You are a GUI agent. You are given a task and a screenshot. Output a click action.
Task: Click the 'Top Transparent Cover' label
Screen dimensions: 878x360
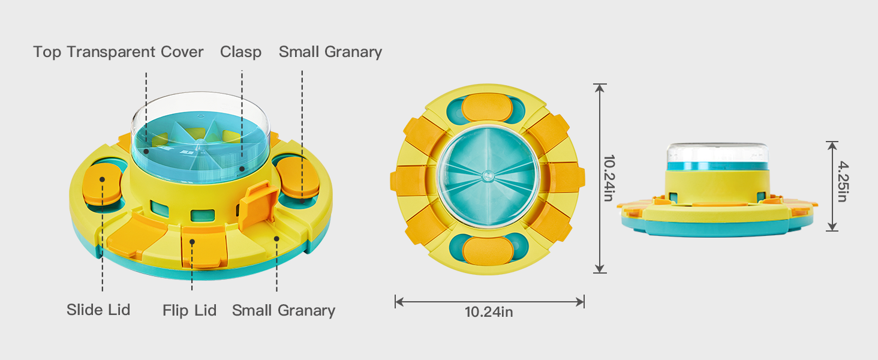[118, 52]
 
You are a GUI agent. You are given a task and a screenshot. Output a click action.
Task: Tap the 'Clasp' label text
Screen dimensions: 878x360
[240, 52]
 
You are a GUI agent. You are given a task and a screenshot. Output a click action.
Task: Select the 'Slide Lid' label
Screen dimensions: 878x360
[98, 310]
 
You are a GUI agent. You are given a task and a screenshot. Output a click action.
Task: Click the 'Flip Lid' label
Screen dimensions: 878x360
[190, 310]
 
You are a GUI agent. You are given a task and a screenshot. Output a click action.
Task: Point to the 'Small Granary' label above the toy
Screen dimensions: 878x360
[330, 52]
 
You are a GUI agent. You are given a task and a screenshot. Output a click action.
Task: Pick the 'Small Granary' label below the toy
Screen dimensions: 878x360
[284, 310]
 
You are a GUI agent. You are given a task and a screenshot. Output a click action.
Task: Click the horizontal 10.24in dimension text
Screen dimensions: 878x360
[489, 312]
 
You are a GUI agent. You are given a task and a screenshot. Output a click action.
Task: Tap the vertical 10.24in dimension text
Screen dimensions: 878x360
[609, 178]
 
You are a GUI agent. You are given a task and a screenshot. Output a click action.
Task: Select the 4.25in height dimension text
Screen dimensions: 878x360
[843, 181]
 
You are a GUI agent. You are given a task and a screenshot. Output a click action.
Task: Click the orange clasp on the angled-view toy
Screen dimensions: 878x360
[259, 205]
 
